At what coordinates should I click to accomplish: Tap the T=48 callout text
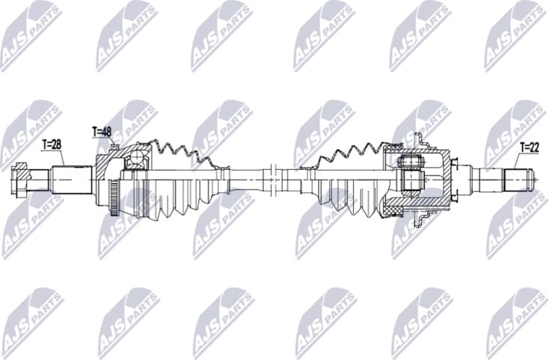(x=102, y=132)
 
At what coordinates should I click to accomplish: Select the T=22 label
(x=528, y=147)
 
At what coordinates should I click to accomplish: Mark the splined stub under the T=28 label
(x=72, y=180)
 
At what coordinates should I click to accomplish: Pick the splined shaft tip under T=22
(x=518, y=180)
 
